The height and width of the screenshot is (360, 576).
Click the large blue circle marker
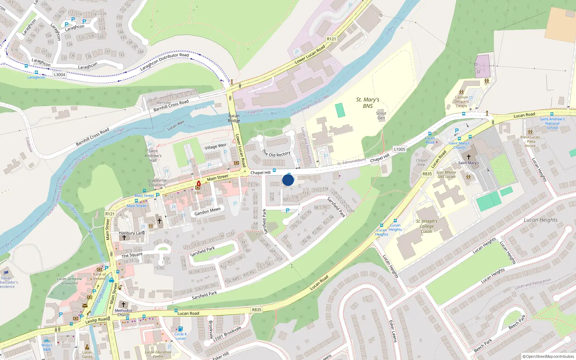pyautogui.click(x=288, y=180)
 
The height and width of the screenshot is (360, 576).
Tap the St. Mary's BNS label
pyautogui.click(x=368, y=103)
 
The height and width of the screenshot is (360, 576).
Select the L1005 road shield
pyautogui.click(x=399, y=149)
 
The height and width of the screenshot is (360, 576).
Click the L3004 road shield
pyautogui.click(x=59, y=75)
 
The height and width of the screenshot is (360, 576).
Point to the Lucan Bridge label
pyautogui.click(x=234, y=118)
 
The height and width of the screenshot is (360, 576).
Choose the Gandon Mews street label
pyautogui.click(x=207, y=211)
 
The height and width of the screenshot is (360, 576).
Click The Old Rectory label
pyautogui.click(x=276, y=153)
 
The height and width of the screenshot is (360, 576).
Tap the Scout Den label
pyautogui.click(x=381, y=116)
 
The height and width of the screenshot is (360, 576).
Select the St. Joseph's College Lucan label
pyautogui.click(x=427, y=226)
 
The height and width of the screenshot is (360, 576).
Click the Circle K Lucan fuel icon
pyautogui.click(x=180, y=329)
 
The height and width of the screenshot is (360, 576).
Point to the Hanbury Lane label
pyautogui.click(x=132, y=233)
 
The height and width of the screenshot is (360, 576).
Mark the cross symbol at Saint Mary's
pyautogui.click(x=468, y=157)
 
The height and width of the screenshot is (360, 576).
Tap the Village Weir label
pyautogui.click(x=216, y=147)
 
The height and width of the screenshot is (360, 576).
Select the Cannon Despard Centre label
pyautogui.click(x=461, y=102)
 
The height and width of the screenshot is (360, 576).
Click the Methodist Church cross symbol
pyautogui.click(x=123, y=305)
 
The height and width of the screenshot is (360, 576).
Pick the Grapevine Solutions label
pyautogui.click(x=157, y=183)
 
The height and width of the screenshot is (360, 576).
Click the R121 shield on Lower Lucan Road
pyautogui.click(x=331, y=39)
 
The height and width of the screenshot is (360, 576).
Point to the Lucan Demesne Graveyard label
pyautogui.click(x=69, y=281)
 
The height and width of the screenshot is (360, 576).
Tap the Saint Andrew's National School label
pyautogui.click(x=552, y=123)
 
